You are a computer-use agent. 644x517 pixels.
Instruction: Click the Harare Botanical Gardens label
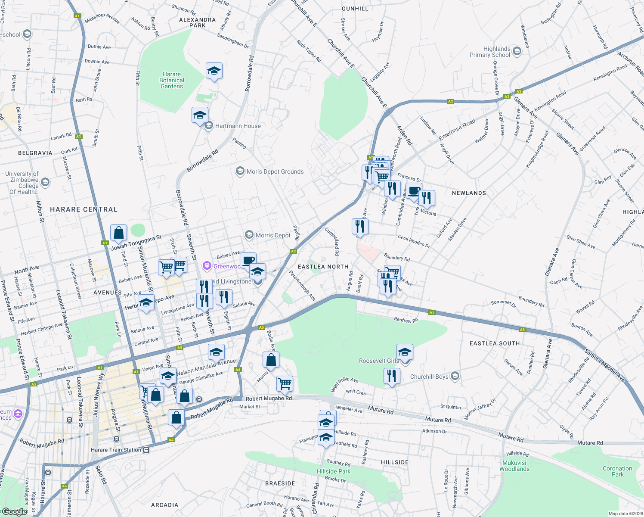172,81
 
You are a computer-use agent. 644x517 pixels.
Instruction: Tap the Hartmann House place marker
209,126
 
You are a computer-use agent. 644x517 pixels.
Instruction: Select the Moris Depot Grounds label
275,171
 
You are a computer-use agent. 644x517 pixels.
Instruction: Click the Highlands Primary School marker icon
517,52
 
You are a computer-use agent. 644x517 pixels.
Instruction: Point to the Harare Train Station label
116,450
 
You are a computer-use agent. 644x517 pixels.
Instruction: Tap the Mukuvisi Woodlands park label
514,466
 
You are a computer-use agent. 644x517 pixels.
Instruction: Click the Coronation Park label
617,471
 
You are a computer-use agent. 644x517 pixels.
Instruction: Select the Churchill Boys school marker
455,377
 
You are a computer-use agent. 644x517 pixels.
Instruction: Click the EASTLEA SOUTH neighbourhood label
495,343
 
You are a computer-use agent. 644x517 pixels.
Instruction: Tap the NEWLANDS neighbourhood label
469,193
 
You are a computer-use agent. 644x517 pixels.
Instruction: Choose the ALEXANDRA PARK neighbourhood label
198,22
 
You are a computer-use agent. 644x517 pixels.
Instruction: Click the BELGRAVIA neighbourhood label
35,153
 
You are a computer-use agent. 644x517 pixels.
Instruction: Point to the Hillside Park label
334,471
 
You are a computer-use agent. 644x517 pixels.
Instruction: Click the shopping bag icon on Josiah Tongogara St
118,233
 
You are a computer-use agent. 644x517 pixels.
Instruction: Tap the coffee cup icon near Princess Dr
414,191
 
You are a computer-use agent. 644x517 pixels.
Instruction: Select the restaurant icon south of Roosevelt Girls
392,376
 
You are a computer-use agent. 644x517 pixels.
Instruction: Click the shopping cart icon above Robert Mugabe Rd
285,383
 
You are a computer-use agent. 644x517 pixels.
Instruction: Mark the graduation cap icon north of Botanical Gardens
214,71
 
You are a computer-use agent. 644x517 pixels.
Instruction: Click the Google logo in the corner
14,511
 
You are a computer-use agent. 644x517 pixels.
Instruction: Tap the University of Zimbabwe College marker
45,183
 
